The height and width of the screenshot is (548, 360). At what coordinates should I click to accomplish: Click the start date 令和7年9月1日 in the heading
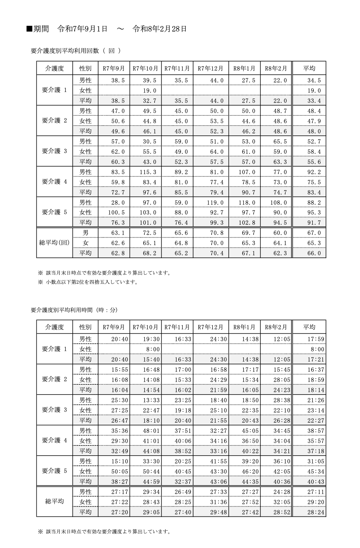83,29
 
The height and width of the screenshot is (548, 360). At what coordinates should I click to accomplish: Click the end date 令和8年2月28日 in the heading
160,29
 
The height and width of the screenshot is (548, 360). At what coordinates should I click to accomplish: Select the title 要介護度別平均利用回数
65,51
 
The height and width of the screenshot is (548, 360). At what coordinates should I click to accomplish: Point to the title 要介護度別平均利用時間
61,310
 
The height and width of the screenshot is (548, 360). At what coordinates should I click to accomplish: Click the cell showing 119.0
215,203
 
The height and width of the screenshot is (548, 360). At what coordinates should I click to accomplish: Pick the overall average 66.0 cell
314,253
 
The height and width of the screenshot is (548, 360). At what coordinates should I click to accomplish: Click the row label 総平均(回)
54,243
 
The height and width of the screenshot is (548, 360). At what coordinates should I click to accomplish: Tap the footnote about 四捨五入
92,282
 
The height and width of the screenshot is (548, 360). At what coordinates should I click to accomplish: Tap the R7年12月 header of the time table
210,327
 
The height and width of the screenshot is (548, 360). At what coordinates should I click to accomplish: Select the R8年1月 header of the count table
244,68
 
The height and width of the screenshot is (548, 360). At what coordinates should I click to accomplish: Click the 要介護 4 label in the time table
54,441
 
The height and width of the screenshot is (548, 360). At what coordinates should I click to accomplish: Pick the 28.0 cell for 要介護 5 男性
118,203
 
